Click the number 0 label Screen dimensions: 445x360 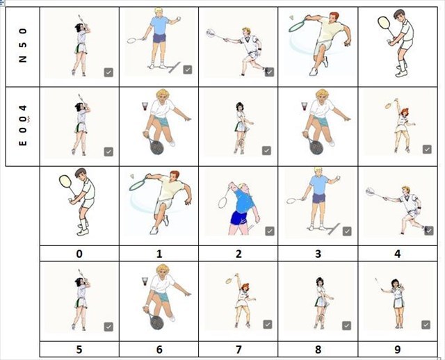click(79, 254)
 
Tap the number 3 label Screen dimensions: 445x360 click(318, 254)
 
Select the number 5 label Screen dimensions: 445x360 click(79, 349)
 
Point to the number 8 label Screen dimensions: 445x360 click(318, 349)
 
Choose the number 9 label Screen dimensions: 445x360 click(398, 349)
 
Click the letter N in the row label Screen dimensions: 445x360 click(23, 58)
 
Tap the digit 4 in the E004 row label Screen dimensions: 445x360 click(23, 108)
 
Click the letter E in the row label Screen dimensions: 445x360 click(23, 142)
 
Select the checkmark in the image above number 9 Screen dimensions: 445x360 click(426, 325)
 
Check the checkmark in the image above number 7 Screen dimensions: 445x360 click(268, 325)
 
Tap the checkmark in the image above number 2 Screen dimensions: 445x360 click(270, 231)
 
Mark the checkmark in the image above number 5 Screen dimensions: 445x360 click(108, 327)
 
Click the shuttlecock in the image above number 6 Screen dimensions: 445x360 click(145, 281)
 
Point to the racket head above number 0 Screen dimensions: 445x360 click(65, 181)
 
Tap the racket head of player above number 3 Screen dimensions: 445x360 click(291, 201)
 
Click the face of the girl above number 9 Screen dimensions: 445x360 click(395, 284)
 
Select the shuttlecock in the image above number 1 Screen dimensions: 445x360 click(133, 177)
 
